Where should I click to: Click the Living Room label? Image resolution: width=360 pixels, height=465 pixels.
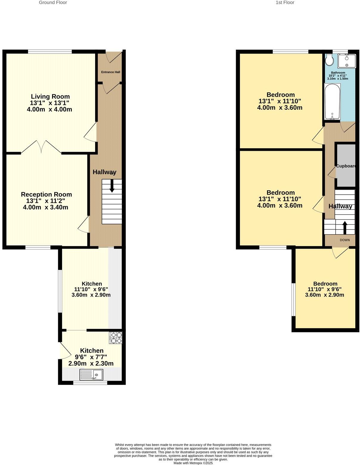coord(50,97)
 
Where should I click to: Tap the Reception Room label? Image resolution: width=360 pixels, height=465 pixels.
coord(46,194)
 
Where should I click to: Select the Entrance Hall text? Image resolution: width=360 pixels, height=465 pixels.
coord(111,72)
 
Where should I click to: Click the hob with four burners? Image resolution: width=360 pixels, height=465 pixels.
coord(116,338)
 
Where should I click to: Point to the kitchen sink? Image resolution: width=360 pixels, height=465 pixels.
coord(91,374)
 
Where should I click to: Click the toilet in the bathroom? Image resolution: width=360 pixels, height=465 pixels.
coord(329,60)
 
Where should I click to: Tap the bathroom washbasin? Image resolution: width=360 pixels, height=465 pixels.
coord(347,61)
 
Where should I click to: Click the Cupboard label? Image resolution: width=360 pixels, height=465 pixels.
coord(346,166)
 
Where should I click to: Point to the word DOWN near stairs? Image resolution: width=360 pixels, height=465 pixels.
coord(345,240)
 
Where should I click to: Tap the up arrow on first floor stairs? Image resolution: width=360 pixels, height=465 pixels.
coord(345,228)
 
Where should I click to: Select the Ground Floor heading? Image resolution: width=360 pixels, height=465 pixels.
coord(53,3)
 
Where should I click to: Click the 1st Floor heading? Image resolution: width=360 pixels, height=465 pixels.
coord(285,3)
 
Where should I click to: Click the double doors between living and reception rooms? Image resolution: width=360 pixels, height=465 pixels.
coord(41,147)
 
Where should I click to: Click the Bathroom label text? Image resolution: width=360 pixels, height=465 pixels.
coord(338,73)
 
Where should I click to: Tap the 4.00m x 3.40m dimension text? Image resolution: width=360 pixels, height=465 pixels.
coord(46,207)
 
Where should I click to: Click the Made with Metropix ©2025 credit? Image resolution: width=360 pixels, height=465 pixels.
coord(193,463)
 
